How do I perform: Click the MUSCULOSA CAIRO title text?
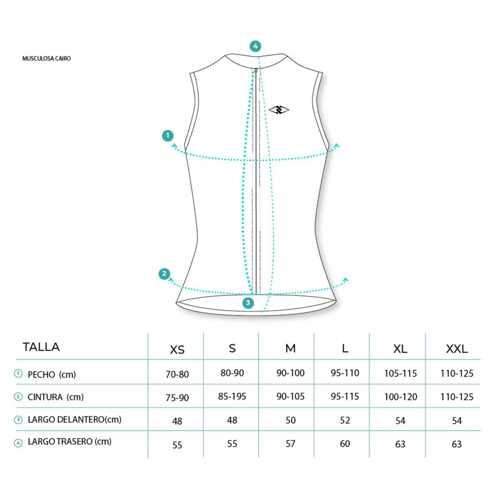coord(46,58)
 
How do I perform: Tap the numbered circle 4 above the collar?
coord(255,46)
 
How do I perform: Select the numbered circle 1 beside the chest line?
coord(168,136)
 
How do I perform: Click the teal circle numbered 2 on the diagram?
coord(164,274)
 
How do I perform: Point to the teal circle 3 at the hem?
coord(248,303)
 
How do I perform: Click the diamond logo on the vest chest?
coord(279,110)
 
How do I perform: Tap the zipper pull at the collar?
coord(256,70)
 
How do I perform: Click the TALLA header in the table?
coord(41,347)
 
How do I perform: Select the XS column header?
coord(177,349)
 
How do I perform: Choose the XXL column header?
coord(457,349)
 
